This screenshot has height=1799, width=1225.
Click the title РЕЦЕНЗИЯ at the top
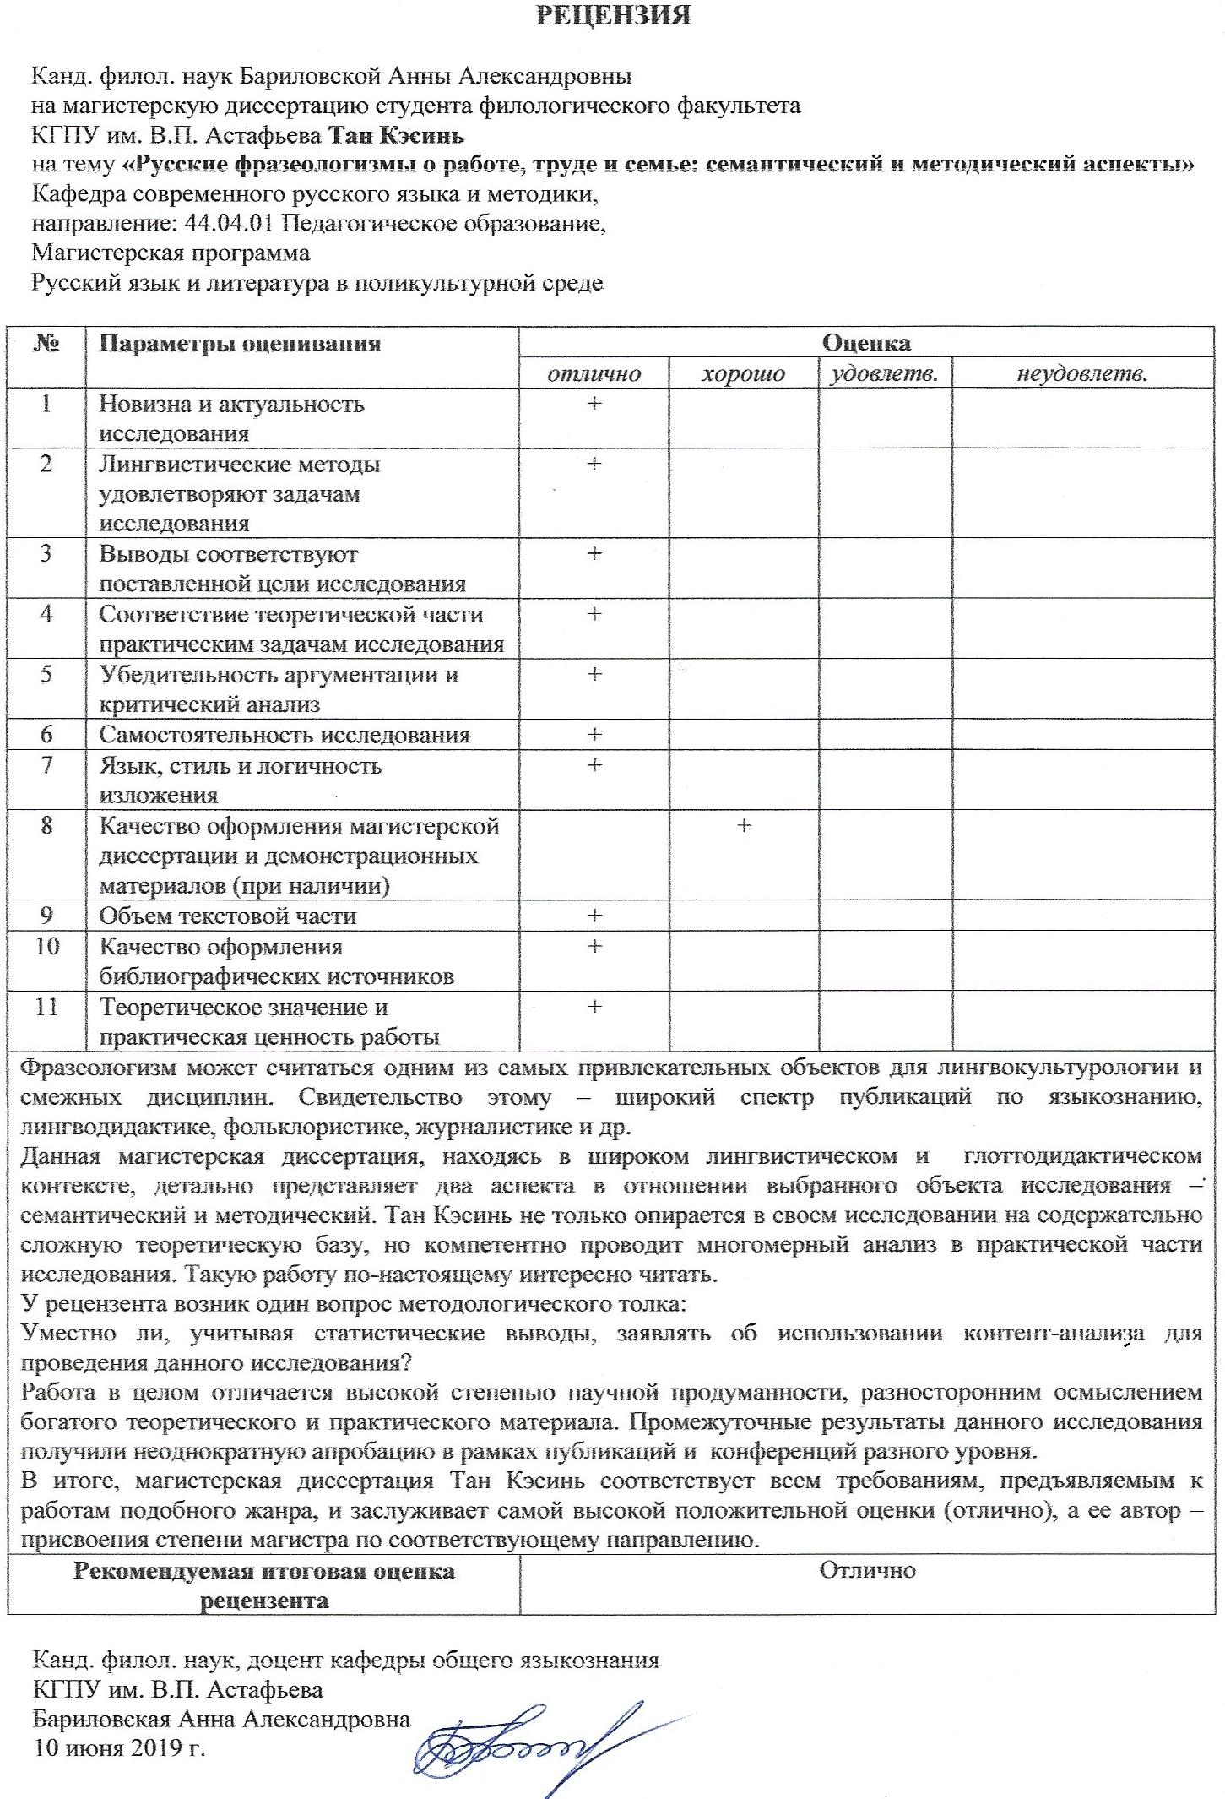pyautogui.click(x=613, y=15)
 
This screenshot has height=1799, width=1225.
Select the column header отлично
pyautogui.click(x=594, y=373)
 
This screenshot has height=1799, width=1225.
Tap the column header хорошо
pyautogui.click(x=743, y=373)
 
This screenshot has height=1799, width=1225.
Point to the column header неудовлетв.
pyautogui.click(x=1081, y=373)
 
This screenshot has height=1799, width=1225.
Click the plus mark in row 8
pyautogui.click(x=744, y=825)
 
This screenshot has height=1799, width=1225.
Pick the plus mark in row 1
pyautogui.click(x=594, y=404)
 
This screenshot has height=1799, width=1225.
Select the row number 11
pyautogui.click(x=46, y=1007)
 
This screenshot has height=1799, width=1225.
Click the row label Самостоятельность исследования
pyautogui.click(x=284, y=735)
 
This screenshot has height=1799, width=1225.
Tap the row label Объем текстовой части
pyautogui.click(x=227, y=916)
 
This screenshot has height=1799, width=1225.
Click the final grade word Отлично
pyautogui.click(x=867, y=1570)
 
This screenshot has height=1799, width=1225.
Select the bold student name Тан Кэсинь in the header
pyautogui.click(x=396, y=135)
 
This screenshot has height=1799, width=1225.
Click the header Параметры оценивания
pyautogui.click(x=240, y=344)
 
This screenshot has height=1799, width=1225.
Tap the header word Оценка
pyautogui.click(x=866, y=343)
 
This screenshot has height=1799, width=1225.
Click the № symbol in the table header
pyautogui.click(x=46, y=343)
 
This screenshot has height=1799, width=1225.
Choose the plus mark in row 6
pyautogui.click(x=594, y=735)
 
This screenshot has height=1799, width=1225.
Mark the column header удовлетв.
pyautogui.click(x=884, y=373)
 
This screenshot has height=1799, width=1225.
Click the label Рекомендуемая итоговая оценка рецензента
pyautogui.click(x=263, y=1585)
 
